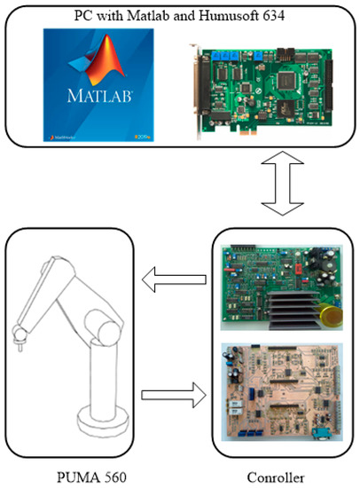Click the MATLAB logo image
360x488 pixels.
[91, 85]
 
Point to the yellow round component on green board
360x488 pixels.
[329, 311]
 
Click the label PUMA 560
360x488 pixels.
[92, 477]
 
